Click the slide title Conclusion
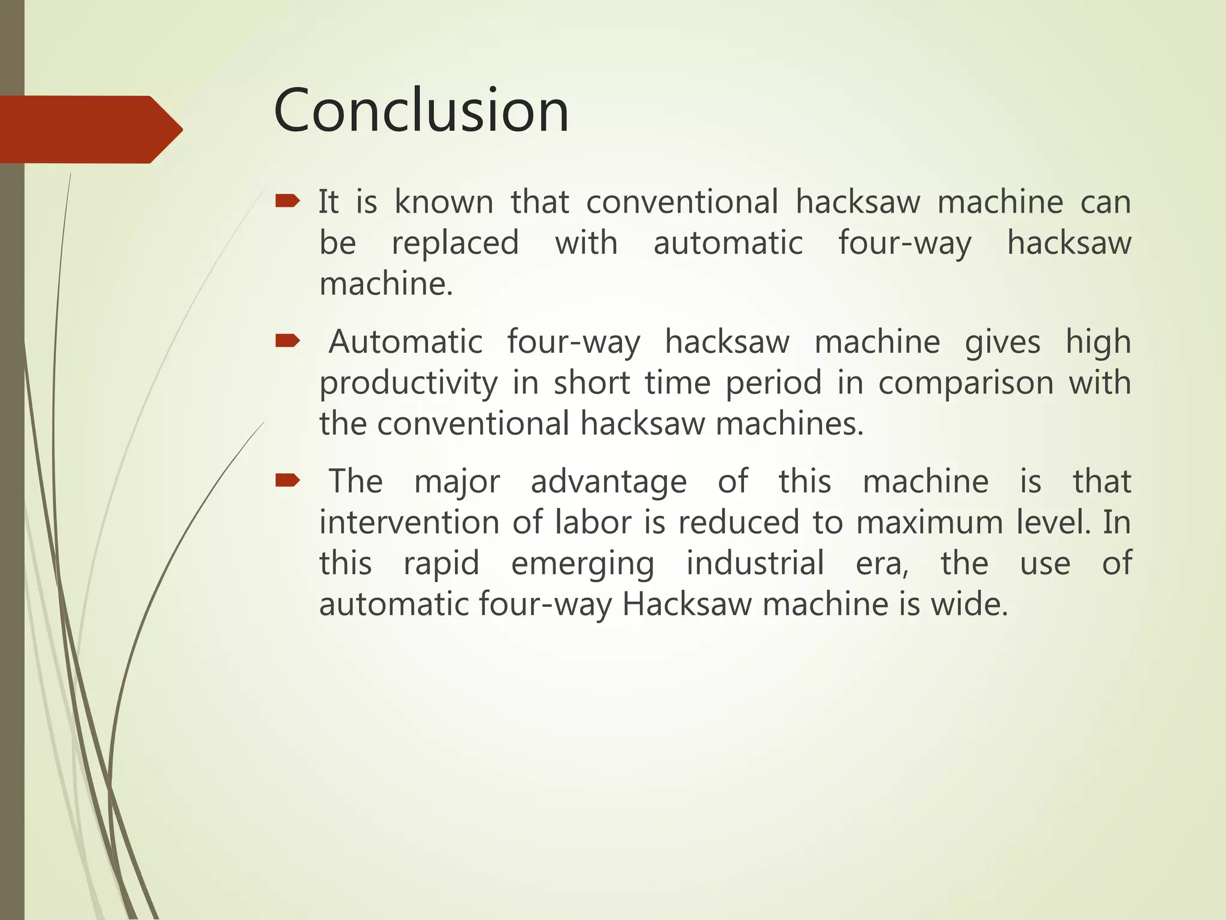pyautogui.click(x=421, y=111)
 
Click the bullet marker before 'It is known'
pyautogui.click(x=287, y=201)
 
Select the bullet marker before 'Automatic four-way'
pyautogui.click(x=287, y=341)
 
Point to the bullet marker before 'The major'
pyautogui.click(x=287, y=480)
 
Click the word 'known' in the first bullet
pyautogui.click(x=444, y=202)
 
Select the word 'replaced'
pyautogui.click(x=455, y=243)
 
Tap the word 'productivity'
pyautogui.click(x=408, y=383)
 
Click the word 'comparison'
pyautogui.click(x=966, y=383)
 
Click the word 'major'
pyautogui.click(x=457, y=482)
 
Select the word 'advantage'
pyautogui.click(x=609, y=482)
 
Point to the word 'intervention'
pyautogui.click(x=409, y=522)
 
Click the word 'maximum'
pyautogui.click(x=930, y=522)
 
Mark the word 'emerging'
pyautogui.click(x=582, y=564)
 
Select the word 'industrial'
pyautogui.click(x=755, y=563)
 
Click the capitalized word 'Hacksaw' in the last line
pyautogui.click(x=687, y=604)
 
